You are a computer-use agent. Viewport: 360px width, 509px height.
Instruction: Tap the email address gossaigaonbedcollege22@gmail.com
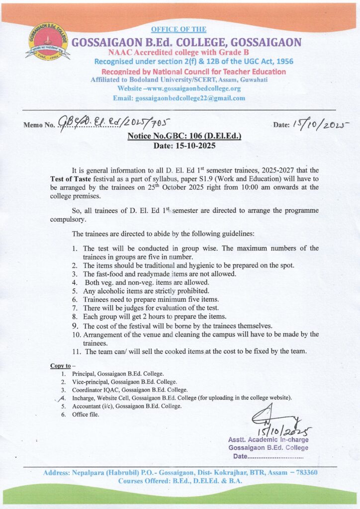coord(190,98)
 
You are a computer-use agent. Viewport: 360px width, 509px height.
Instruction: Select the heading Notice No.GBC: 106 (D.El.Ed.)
coord(184,135)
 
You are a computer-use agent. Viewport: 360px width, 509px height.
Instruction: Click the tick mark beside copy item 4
coord(62,398)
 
